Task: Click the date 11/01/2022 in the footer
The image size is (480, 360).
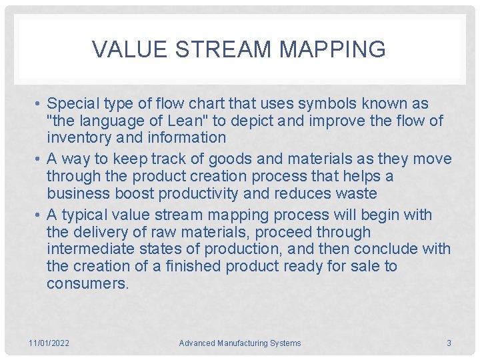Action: pyautogui.click(x=49, y=343)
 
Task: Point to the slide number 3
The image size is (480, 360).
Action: pyautogui.click(x=449, y=343)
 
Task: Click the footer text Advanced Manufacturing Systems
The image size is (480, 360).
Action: pyautogui.click(x=240, y=343)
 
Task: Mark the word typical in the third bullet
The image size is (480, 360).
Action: pyautogui.click(x=87, y=215)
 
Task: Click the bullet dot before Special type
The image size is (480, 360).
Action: pyautogui.click(x=39, y=105)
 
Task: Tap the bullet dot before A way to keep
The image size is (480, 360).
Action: pyautogui.click(x=39, y=160)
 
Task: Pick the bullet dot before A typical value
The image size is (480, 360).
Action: pyautogui.click(x=39, y=216)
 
